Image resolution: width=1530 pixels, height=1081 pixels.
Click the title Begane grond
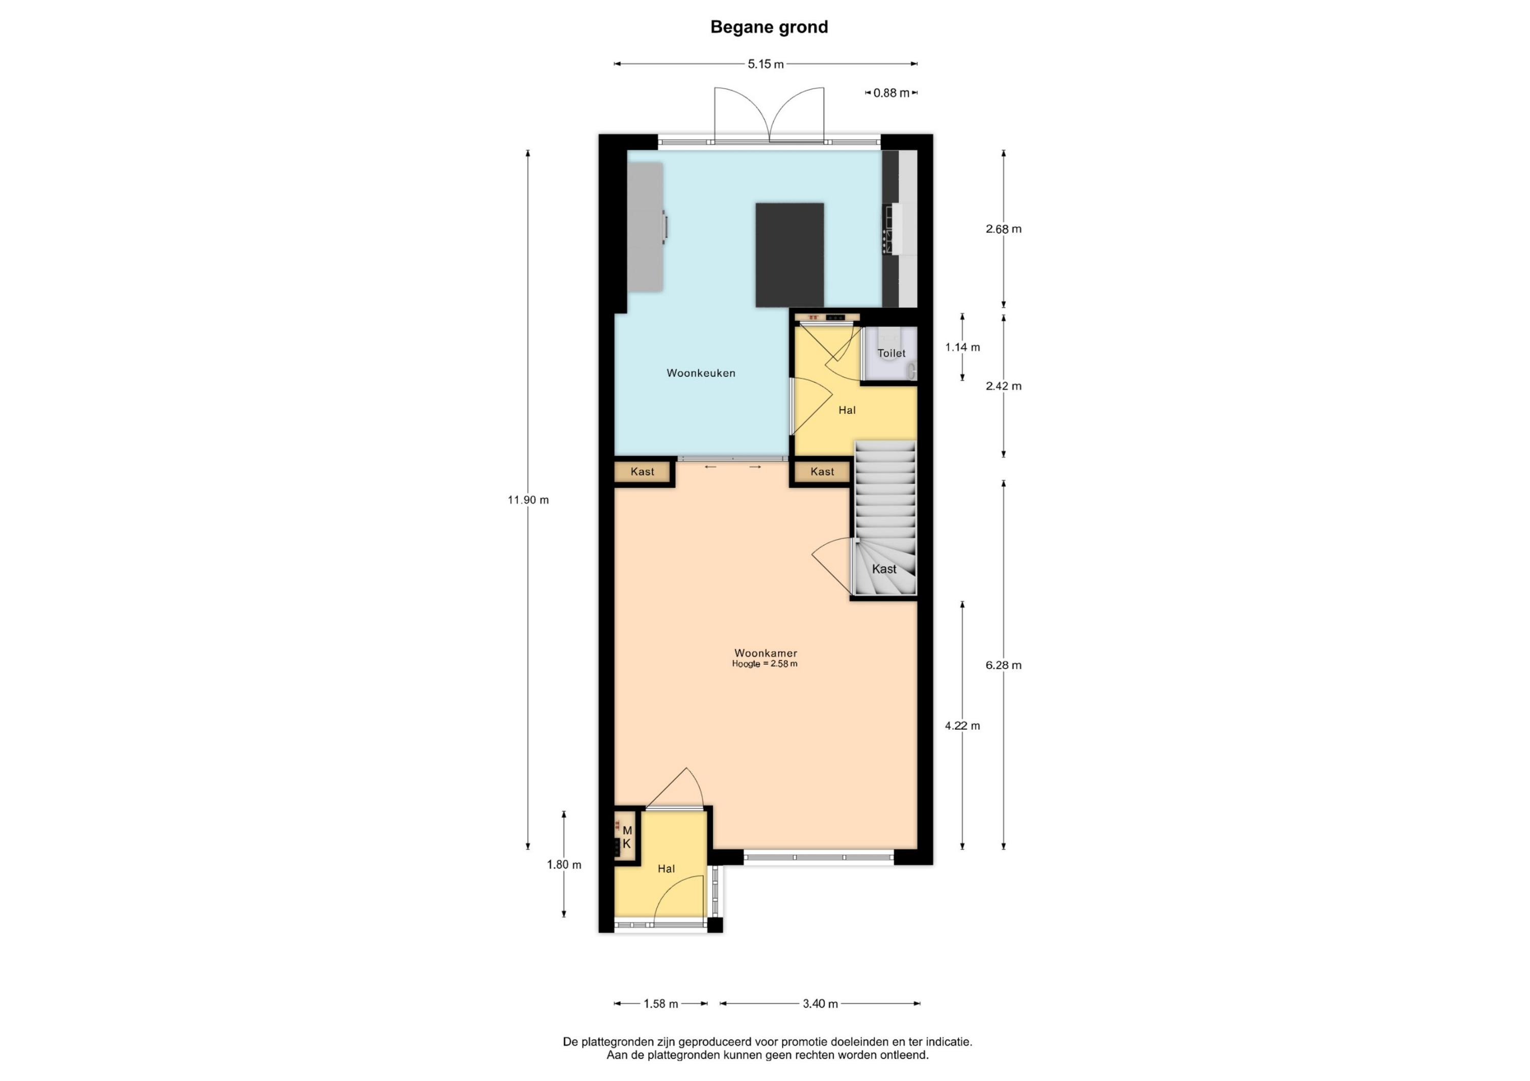769,28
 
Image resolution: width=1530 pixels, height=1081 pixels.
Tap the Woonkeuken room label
701,373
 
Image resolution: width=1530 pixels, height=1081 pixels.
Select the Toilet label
891,353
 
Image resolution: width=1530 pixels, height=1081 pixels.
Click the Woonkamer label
766,653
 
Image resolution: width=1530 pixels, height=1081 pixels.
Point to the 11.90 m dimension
528,499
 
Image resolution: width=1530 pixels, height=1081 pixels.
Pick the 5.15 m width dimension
766,64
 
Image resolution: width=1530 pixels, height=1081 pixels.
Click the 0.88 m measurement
891,93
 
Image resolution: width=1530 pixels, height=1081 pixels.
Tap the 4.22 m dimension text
962,726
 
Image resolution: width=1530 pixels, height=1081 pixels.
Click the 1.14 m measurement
962,347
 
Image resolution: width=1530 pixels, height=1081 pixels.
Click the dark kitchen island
789,255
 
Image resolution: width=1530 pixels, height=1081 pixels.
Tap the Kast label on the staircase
884,569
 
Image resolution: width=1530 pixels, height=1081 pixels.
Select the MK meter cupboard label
626,837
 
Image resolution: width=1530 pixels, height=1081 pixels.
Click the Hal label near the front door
667,868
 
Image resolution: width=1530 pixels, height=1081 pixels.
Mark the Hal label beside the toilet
847,410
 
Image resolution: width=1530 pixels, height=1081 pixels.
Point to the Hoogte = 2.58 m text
765,664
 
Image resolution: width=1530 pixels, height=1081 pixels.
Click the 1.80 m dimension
564,864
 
